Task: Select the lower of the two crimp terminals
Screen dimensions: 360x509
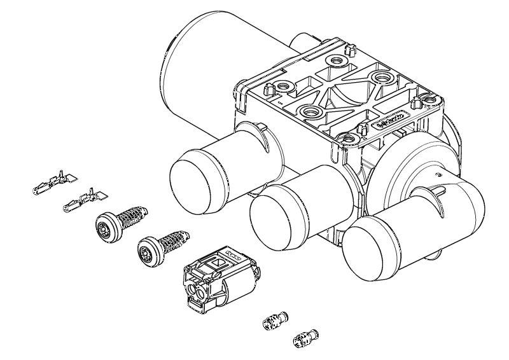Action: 83,201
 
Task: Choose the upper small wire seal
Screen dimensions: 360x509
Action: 274,320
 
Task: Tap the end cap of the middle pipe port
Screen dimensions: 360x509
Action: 274,219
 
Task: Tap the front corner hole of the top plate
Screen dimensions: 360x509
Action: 346,135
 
